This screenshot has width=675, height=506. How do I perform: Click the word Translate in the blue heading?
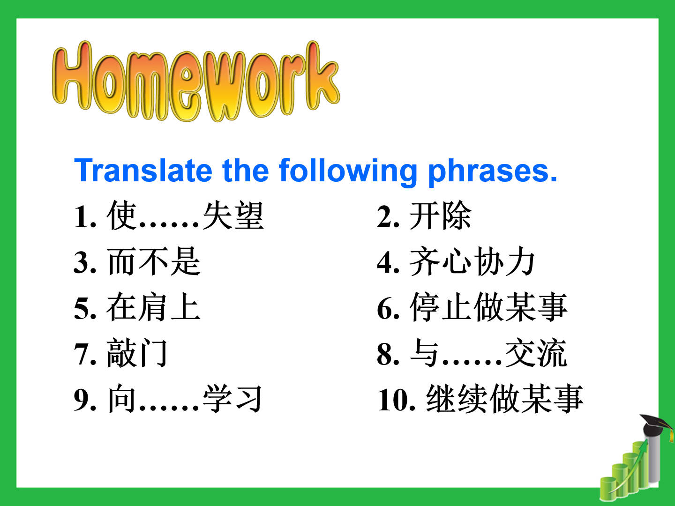[143, 171]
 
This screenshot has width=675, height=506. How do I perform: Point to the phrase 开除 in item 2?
[440, 216]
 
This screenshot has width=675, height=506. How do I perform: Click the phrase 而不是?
[154, 261]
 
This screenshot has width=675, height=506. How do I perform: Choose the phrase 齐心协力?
[472, 261]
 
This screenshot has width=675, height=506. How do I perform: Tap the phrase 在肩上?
[154, 307]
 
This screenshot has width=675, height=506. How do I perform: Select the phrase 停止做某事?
[488, 307]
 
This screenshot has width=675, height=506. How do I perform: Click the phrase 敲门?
[137, 353]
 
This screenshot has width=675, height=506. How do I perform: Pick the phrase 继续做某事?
[505, 398]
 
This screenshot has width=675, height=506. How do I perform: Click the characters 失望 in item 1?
[233, 216]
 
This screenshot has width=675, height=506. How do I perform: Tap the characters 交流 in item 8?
[536, 353]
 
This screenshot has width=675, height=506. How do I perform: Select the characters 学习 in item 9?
[232, 398]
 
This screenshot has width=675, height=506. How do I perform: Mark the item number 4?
[388, 263]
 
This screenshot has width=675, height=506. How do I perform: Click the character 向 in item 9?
[121, 398]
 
